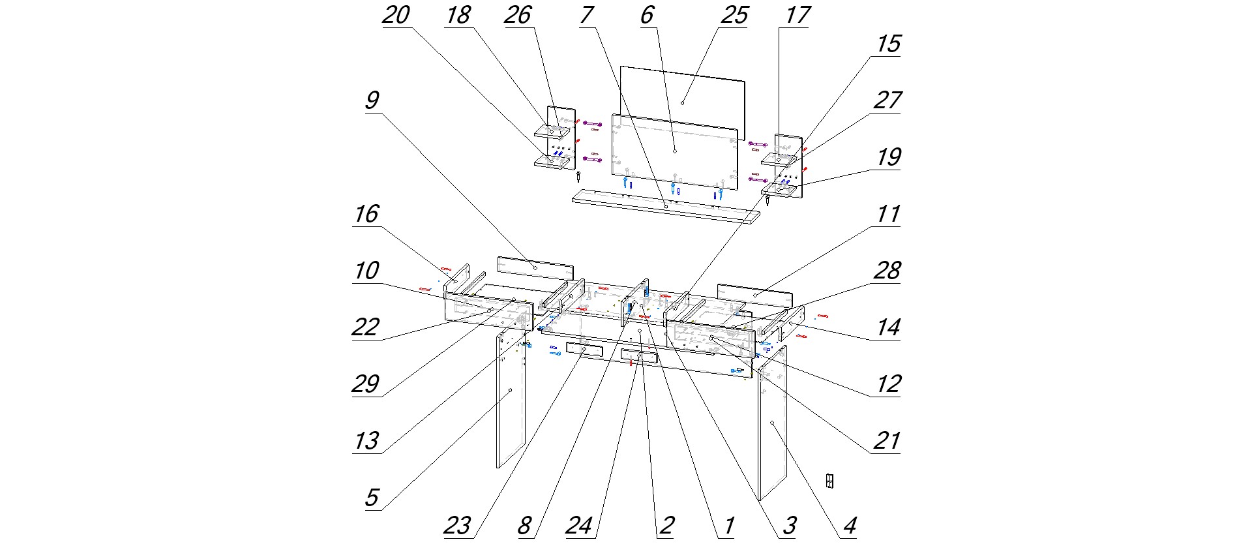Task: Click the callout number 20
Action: pos(396,15)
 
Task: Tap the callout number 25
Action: pos(734,15)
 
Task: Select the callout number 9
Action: pos(372,100)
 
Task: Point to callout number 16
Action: pos(366,214)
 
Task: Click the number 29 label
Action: pos(365,384)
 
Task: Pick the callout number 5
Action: pos(372,498)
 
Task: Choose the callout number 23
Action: pos(457,526)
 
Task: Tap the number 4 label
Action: pos(849,526)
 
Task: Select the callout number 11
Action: pos(888,214)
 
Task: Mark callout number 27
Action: pos(888,100)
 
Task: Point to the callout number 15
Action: pos(888,44)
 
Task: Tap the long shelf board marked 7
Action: pos(665,207)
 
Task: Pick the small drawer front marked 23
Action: pos(584,350)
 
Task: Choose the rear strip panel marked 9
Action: pos(535,267)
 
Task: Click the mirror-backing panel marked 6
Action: pos(674,151)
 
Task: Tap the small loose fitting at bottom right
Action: pos(829,481)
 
